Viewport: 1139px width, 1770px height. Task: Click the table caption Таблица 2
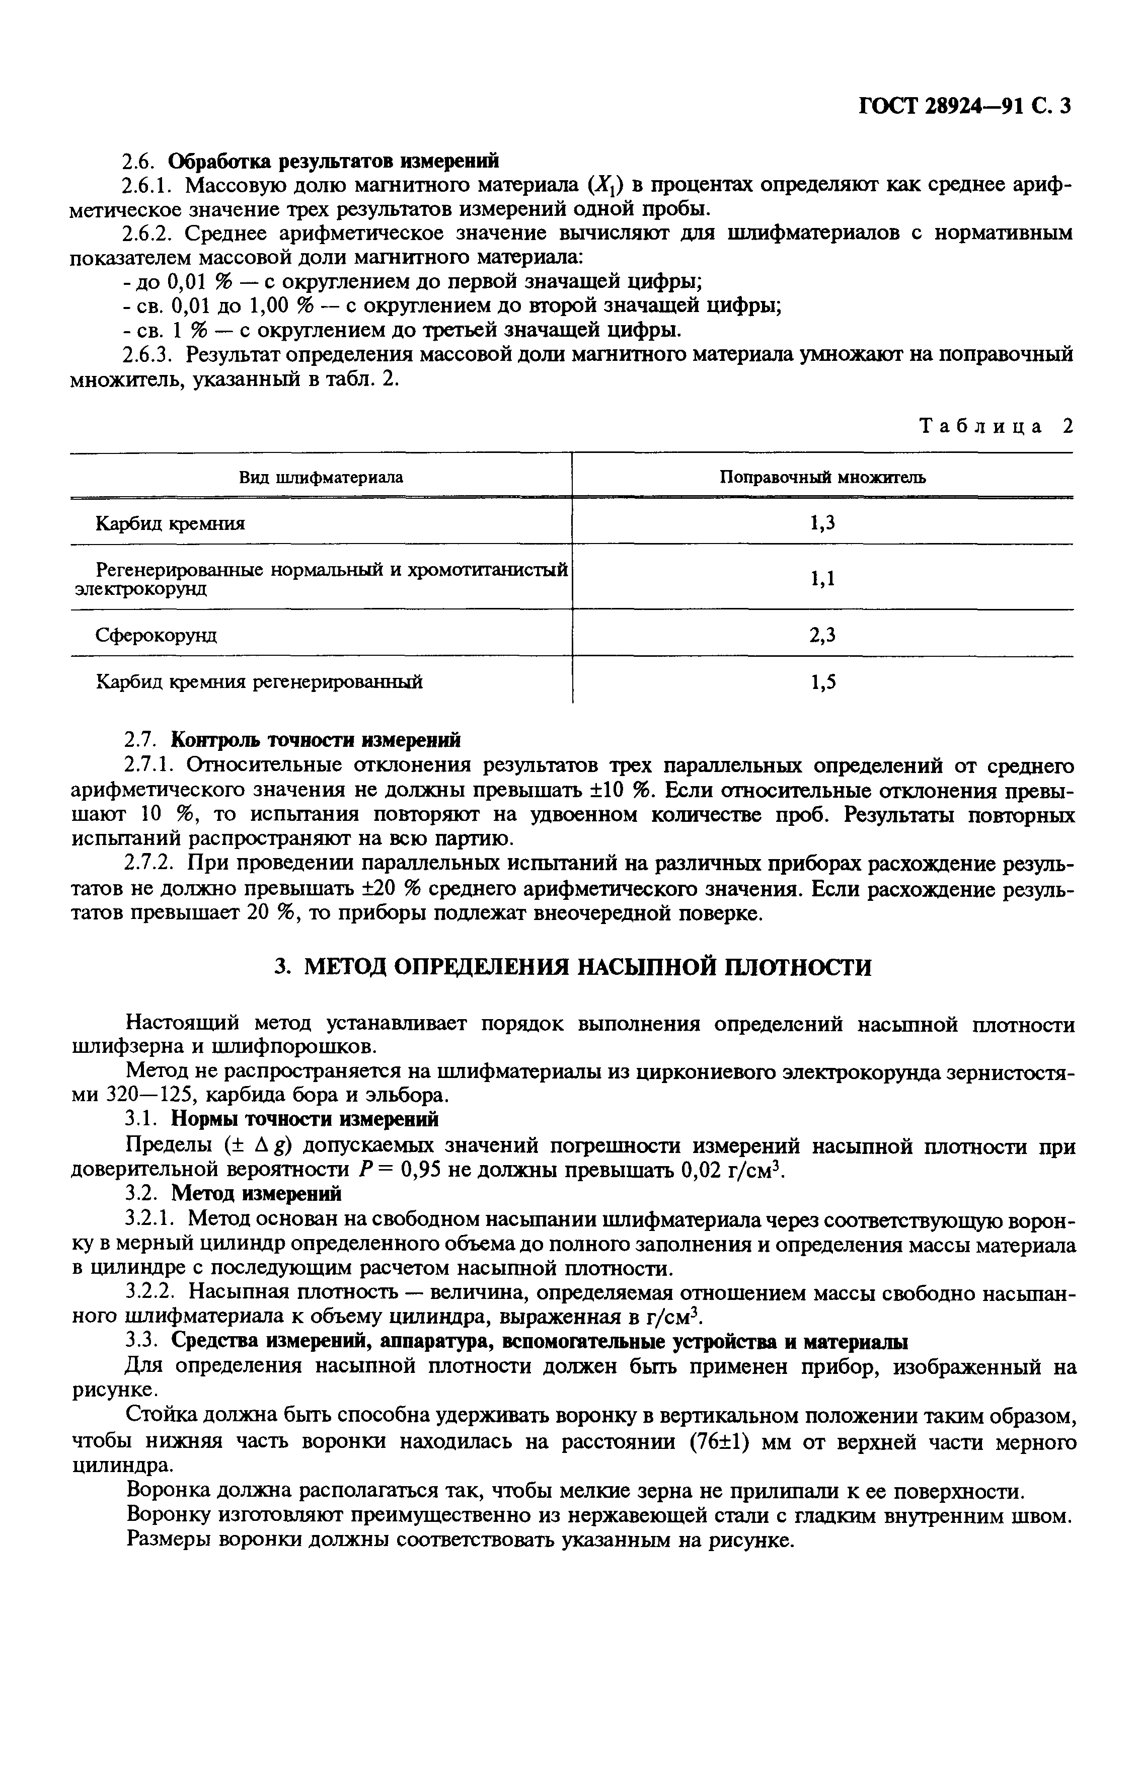click(995, 427)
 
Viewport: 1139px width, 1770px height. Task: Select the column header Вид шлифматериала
click(321, 478)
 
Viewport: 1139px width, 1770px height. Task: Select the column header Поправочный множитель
click(822, 478)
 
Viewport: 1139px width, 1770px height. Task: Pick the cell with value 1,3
click(822, 523)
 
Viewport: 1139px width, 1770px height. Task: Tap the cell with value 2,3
click(822, 634)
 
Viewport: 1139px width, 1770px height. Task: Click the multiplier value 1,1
click(822, 578)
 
